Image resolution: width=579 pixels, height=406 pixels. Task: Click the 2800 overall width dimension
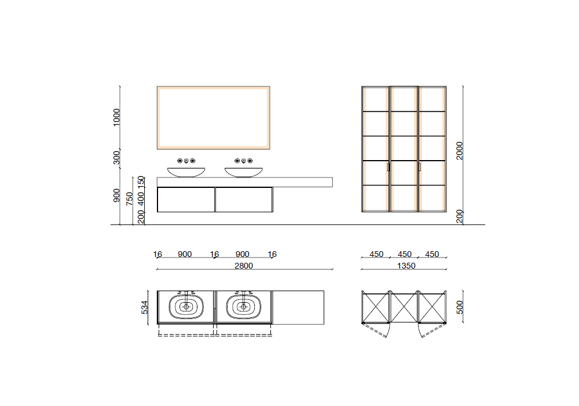pyautogui.click(x=244, y=266)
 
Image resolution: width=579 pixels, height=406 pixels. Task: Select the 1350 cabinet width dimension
pyautogui.click(x=406, y=266)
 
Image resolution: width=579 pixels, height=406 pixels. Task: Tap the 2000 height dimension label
pyautogui.click(x=459, y=150)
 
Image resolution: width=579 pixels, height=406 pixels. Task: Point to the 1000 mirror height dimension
pyautogui.click(x=117, y=117)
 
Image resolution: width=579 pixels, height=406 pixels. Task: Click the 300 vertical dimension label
pyautogui.click(x=117, y=158)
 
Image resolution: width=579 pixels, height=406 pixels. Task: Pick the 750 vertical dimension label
pyautogui.click(x=129, y=198)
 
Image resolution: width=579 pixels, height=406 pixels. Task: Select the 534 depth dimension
pyautogui.click(x=144, y=307)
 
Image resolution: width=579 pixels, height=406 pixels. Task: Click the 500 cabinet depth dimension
pyautogui.click(x=459, y=307)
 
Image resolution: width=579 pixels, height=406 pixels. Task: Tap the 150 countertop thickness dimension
pyautogui.click(x=141, y=182)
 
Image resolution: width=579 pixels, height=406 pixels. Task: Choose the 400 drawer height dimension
pyautogui.click(x=141, y=198)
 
